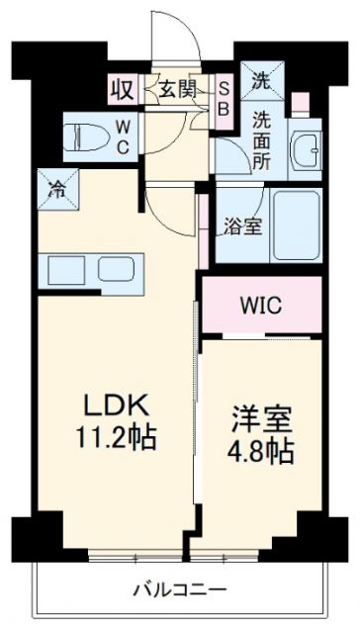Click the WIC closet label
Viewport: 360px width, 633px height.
click(261, 305)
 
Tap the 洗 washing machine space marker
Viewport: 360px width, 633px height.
click(260, 81)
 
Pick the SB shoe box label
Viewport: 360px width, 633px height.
click(225, 99)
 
